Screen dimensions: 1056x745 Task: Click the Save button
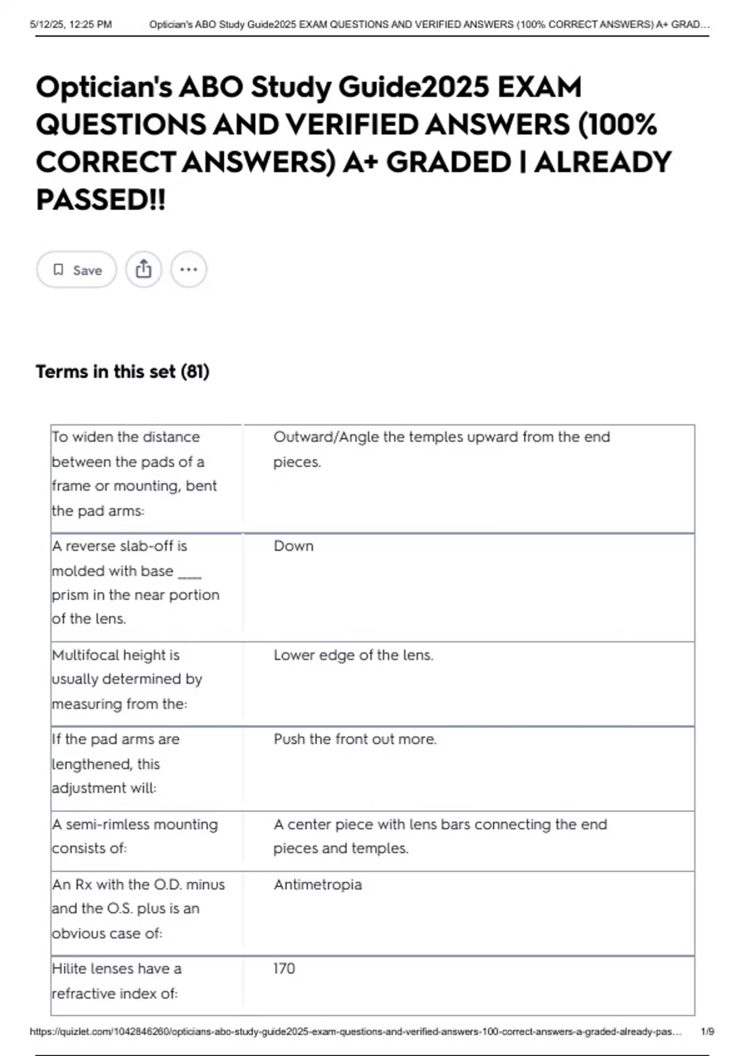(x=76, y=270)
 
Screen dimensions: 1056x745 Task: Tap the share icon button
(x=143, y=270)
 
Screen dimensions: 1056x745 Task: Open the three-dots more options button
(x=188, y=270)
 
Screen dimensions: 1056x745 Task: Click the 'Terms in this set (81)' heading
(x=122, y=371)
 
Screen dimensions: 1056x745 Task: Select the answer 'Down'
(x=294, y=546)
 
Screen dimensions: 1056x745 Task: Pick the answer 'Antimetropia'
(x=317, y=885)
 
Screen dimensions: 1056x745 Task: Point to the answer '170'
(x=284, y=968)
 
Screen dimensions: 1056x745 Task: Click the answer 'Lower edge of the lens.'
(x=353, y=655)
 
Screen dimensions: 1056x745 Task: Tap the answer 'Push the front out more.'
(x=355, y=739)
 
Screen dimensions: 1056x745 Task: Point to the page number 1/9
(x=707, y=1032)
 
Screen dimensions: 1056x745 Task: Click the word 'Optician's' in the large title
(x=104, y=88)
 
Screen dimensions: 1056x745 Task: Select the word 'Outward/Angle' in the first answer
(x=326, y=437)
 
